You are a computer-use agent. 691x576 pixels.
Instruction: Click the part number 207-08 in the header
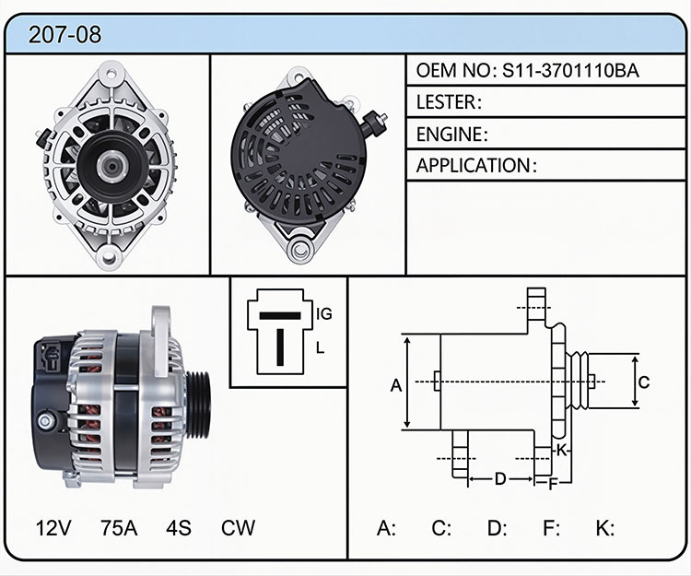64,34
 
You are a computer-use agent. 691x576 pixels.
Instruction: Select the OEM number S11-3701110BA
570,71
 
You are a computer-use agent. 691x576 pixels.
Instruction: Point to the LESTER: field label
449,102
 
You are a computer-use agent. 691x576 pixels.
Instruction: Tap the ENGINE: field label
452,135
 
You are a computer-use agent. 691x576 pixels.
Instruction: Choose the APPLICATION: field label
477,166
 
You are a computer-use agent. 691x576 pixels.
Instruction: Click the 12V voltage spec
53,527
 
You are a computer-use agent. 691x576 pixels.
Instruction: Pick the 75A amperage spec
119,527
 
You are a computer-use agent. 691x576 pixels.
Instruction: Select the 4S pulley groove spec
179,527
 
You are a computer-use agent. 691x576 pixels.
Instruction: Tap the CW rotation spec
238,527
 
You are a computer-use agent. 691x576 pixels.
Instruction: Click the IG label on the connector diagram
324,313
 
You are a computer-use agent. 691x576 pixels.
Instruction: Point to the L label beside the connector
320,347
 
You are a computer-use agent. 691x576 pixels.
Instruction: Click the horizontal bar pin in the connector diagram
280,315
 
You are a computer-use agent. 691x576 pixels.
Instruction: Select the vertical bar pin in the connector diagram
280,347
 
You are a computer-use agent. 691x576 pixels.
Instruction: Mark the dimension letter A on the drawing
396,385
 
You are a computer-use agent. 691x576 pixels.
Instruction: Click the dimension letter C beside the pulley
644,382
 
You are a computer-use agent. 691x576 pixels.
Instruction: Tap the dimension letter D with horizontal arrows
499,478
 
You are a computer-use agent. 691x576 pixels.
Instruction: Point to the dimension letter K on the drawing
561,451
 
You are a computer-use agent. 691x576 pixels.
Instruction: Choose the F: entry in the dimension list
551,527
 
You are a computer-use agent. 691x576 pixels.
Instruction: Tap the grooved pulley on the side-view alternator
198,405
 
